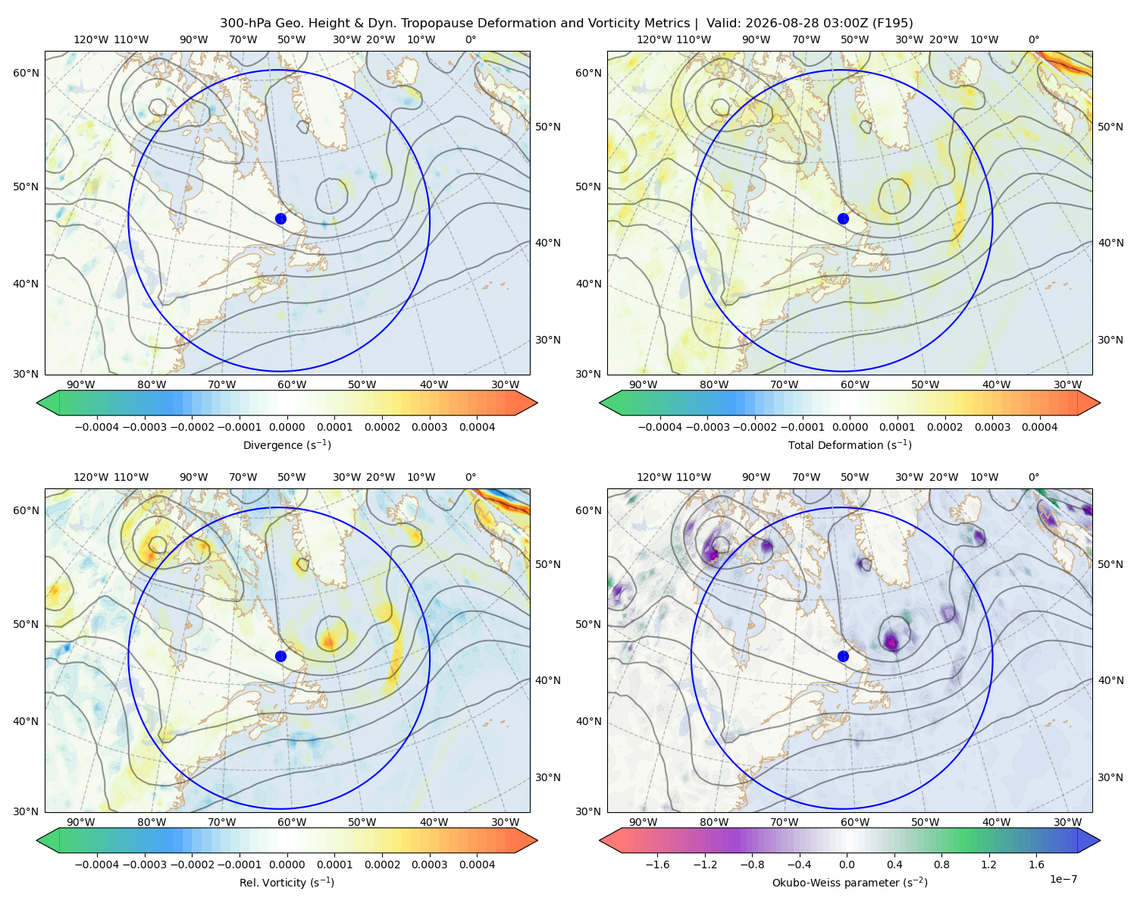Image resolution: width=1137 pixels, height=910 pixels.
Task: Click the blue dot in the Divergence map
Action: (280, 218)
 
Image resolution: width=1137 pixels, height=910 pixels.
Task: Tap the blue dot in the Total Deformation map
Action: (843, 218)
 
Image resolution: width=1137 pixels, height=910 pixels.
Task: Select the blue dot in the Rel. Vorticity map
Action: (280, 656)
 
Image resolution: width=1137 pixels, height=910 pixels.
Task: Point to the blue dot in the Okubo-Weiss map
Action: (843, 656)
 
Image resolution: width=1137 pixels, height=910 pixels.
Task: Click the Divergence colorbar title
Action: (287, 444)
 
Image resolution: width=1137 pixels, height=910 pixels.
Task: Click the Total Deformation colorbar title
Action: (850, 444)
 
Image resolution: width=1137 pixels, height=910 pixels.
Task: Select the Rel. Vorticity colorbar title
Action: (287, 882)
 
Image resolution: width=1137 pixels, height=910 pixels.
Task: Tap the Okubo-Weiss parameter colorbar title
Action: (850, 882)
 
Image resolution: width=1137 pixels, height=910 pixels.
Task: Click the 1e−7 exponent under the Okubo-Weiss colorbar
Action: (1063, 879)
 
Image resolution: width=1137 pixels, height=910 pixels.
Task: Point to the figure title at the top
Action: (566, 24)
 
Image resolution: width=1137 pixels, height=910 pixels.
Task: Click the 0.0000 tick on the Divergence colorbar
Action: (287, 427)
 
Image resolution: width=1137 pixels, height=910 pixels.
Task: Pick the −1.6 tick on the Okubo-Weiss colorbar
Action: (657, 864)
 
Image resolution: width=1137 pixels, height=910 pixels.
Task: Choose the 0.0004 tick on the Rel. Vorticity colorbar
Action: (477, 864)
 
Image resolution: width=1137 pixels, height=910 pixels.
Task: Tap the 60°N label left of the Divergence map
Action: (26, 73)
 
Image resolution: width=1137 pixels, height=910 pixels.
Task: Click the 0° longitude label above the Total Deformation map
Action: (1033, 39)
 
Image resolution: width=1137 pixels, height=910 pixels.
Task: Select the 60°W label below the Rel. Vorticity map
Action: (292, 822)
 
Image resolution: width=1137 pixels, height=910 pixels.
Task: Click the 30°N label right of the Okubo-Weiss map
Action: (1110, 777)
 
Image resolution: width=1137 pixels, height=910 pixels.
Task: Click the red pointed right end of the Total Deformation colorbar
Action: (1088, 403)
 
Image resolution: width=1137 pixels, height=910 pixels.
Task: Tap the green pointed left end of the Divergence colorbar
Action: (48, 403)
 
